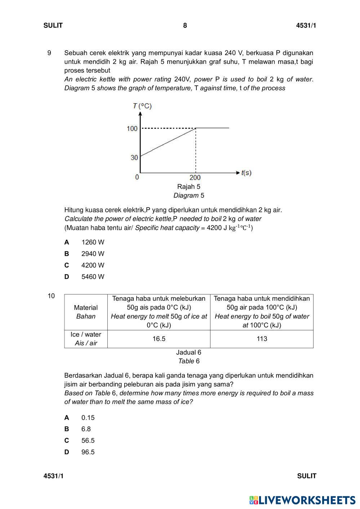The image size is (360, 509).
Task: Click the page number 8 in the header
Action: (185, 26)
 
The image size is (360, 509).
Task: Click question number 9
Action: (49, 53)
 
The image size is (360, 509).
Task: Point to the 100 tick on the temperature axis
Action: (132, 129)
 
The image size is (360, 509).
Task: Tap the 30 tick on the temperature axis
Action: (134, 157)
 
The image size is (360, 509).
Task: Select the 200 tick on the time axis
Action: (195, 177)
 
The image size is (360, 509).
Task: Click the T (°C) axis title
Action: (142, 106)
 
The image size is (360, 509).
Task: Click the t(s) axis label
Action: (246, 173)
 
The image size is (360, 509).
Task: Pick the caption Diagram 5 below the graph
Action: (188, 196)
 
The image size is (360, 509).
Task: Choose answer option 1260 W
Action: (93, 242)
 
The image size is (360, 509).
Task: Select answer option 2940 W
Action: (93, 254)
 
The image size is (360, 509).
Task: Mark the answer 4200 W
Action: (93, 265)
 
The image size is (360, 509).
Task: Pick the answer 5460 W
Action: (93, 277)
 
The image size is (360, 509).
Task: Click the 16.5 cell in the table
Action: (159, 339)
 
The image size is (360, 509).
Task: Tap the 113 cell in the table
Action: (262, 339)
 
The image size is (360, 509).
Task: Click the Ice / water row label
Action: (86, 339)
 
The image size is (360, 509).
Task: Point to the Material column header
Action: (86, 308)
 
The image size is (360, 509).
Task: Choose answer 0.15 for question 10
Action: (88, 418)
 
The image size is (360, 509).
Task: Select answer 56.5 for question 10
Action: (88, 441)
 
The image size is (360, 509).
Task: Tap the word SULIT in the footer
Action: (307, 476)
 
